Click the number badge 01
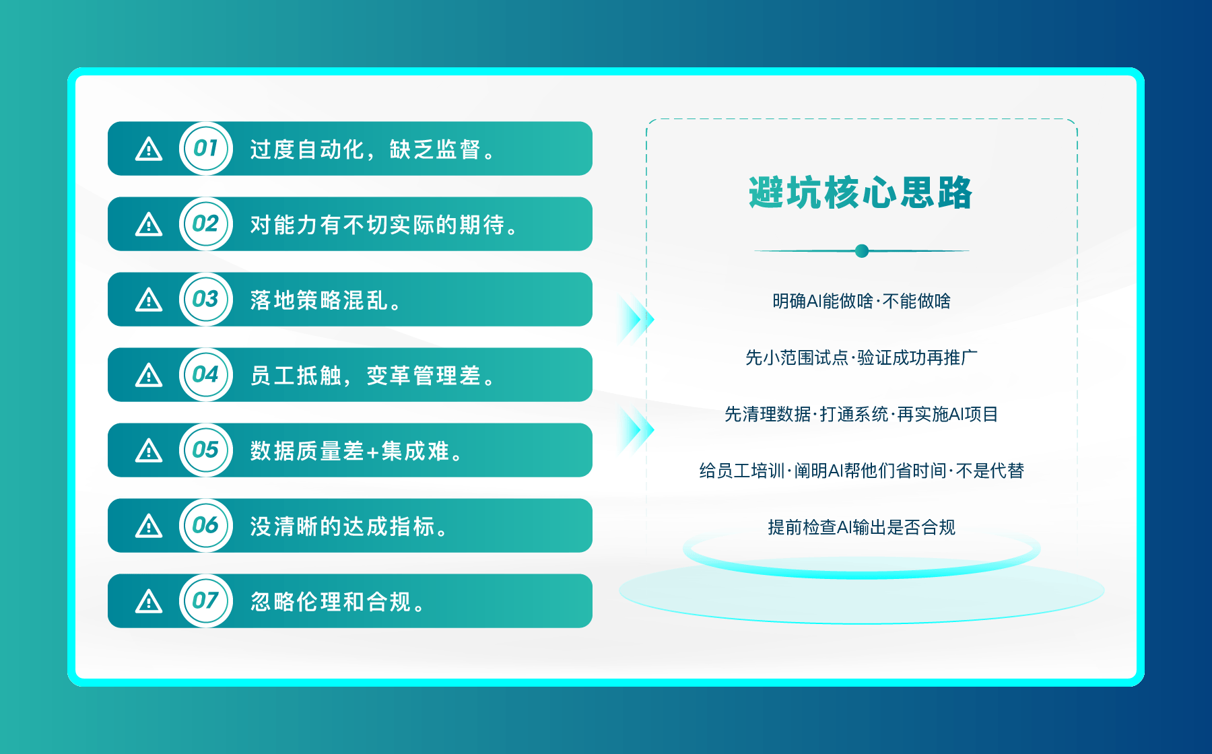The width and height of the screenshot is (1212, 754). (206, 148)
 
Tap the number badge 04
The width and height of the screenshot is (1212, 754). (206, 374)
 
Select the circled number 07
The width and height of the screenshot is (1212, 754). (206, 601)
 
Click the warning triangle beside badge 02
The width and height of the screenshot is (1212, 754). (149, 224)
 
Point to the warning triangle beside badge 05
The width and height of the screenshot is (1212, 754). (149, 450)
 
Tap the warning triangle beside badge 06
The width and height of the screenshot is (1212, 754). (149, 526)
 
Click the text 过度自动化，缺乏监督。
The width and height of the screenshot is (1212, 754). (374, 149)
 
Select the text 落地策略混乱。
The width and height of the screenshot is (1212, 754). (327, 300)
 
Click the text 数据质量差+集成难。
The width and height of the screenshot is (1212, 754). (358, 451)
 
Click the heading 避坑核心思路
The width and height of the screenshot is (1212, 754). (861, 193)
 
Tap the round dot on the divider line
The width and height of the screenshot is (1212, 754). (862, 251)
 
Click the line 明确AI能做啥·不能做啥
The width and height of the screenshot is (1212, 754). (862, 301)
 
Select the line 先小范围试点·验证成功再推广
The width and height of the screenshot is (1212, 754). (862, 357)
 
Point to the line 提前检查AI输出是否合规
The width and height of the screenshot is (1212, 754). (862, 527)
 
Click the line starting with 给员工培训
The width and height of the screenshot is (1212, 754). (862, 471)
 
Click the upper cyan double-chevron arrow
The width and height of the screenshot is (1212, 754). (636, 318)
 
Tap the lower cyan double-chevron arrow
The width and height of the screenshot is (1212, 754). (636, 430)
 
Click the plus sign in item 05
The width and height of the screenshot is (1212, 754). (373, 452)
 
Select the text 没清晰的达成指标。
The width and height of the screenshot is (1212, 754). (350, 526)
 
